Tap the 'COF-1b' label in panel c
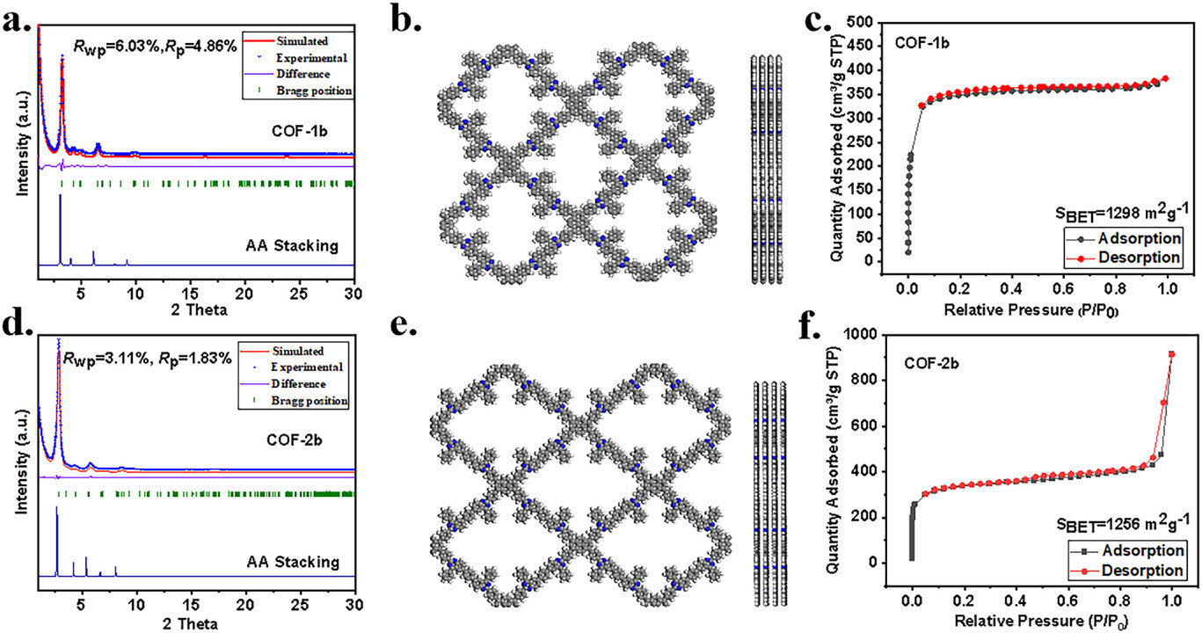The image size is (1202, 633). [x=925, y=40]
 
